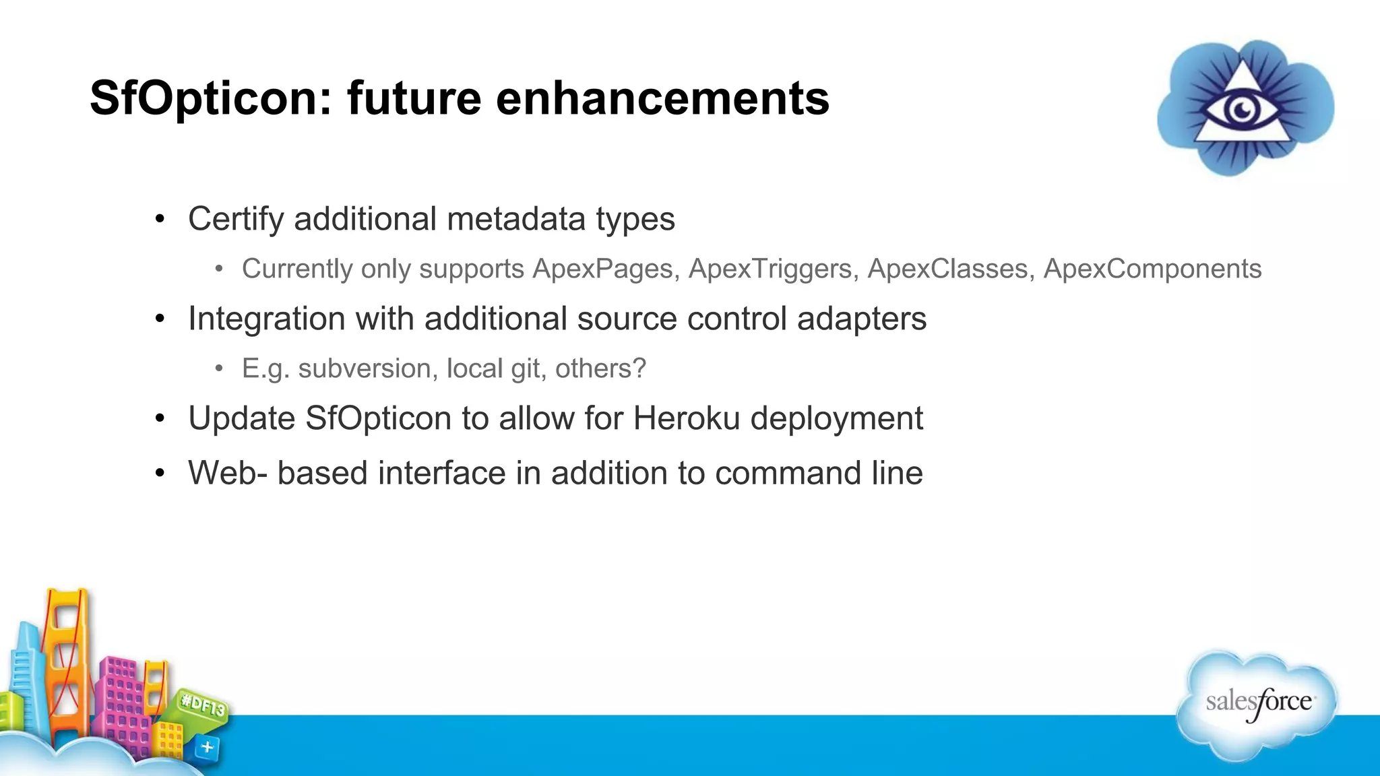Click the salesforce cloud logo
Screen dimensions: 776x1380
click(1258, 704)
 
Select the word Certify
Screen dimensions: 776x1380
click(236, 220)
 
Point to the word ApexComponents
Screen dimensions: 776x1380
click(1152, 269)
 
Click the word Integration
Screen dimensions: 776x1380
click(266, 319)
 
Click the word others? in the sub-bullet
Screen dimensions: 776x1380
click(600, 368)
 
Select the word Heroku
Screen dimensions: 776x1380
click(687, 418)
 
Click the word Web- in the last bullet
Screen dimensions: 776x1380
click(228, 473)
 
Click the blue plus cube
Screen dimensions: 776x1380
click(208, 747)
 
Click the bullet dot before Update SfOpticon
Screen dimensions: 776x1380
click(160, 419)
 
